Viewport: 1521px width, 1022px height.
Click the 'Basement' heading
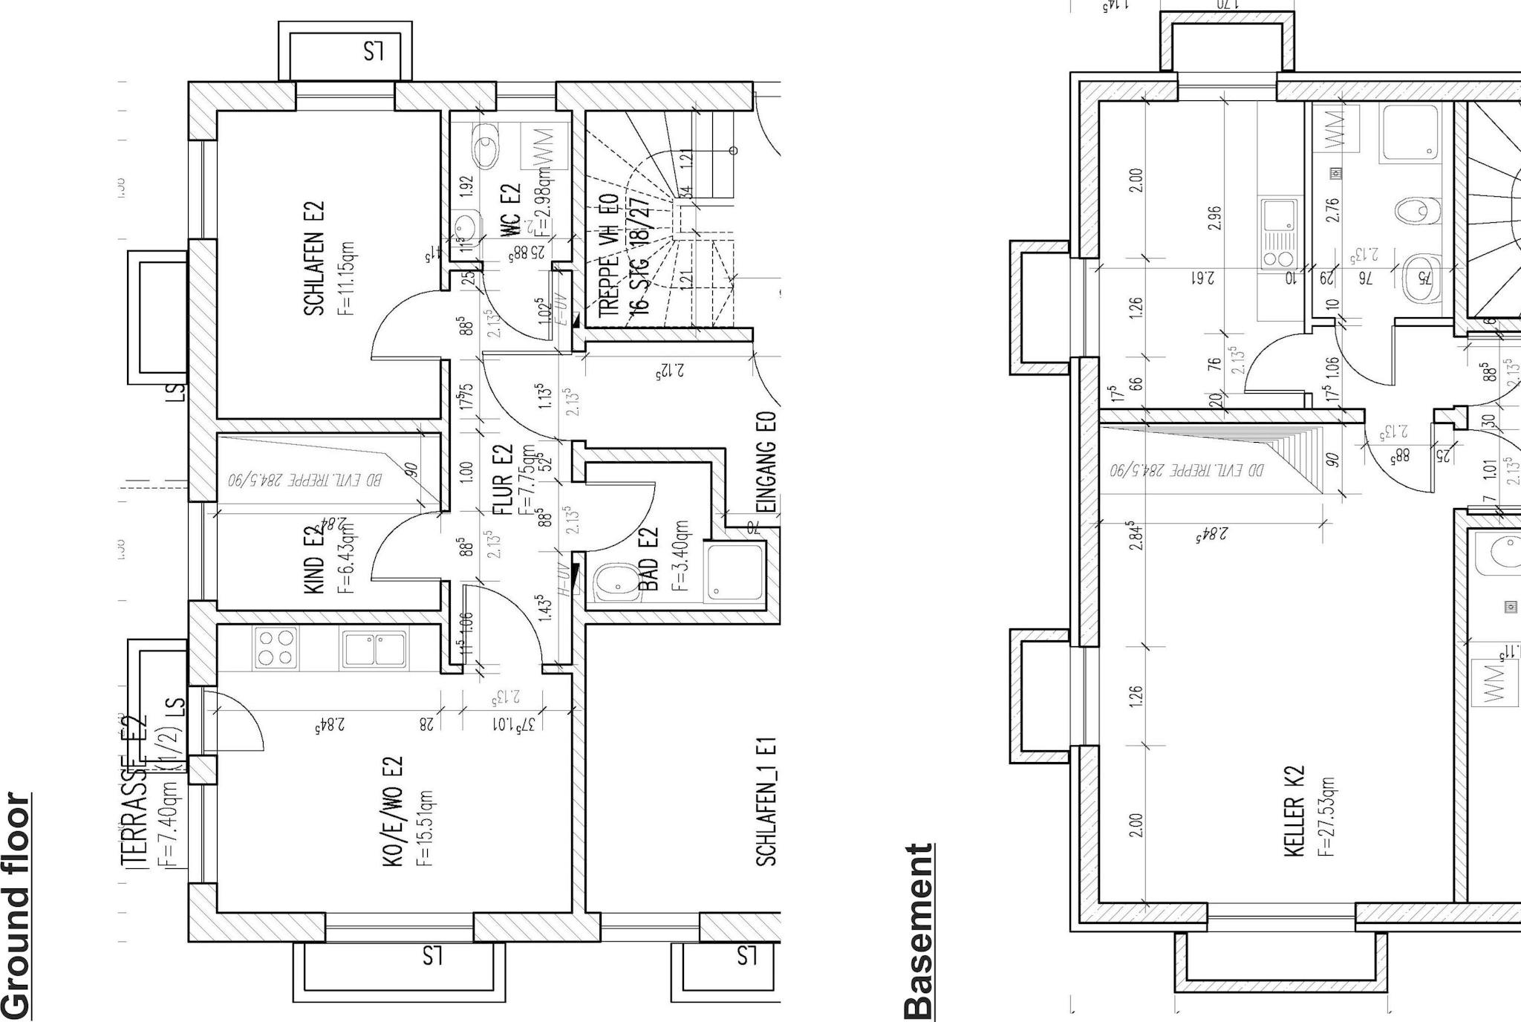point(918,931)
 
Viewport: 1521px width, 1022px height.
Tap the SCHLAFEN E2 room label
point(314,258)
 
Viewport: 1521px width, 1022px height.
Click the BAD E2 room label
point(648,559)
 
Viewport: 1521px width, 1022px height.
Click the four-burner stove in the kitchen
point(276,648)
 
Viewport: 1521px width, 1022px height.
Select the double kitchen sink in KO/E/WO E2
point(374,648)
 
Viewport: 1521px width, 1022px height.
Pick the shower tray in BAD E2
point(735,572)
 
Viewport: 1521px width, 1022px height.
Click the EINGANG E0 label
point(768,463)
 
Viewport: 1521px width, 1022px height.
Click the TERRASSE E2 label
point(134,791)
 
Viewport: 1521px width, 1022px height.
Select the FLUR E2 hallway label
point(503,479)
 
